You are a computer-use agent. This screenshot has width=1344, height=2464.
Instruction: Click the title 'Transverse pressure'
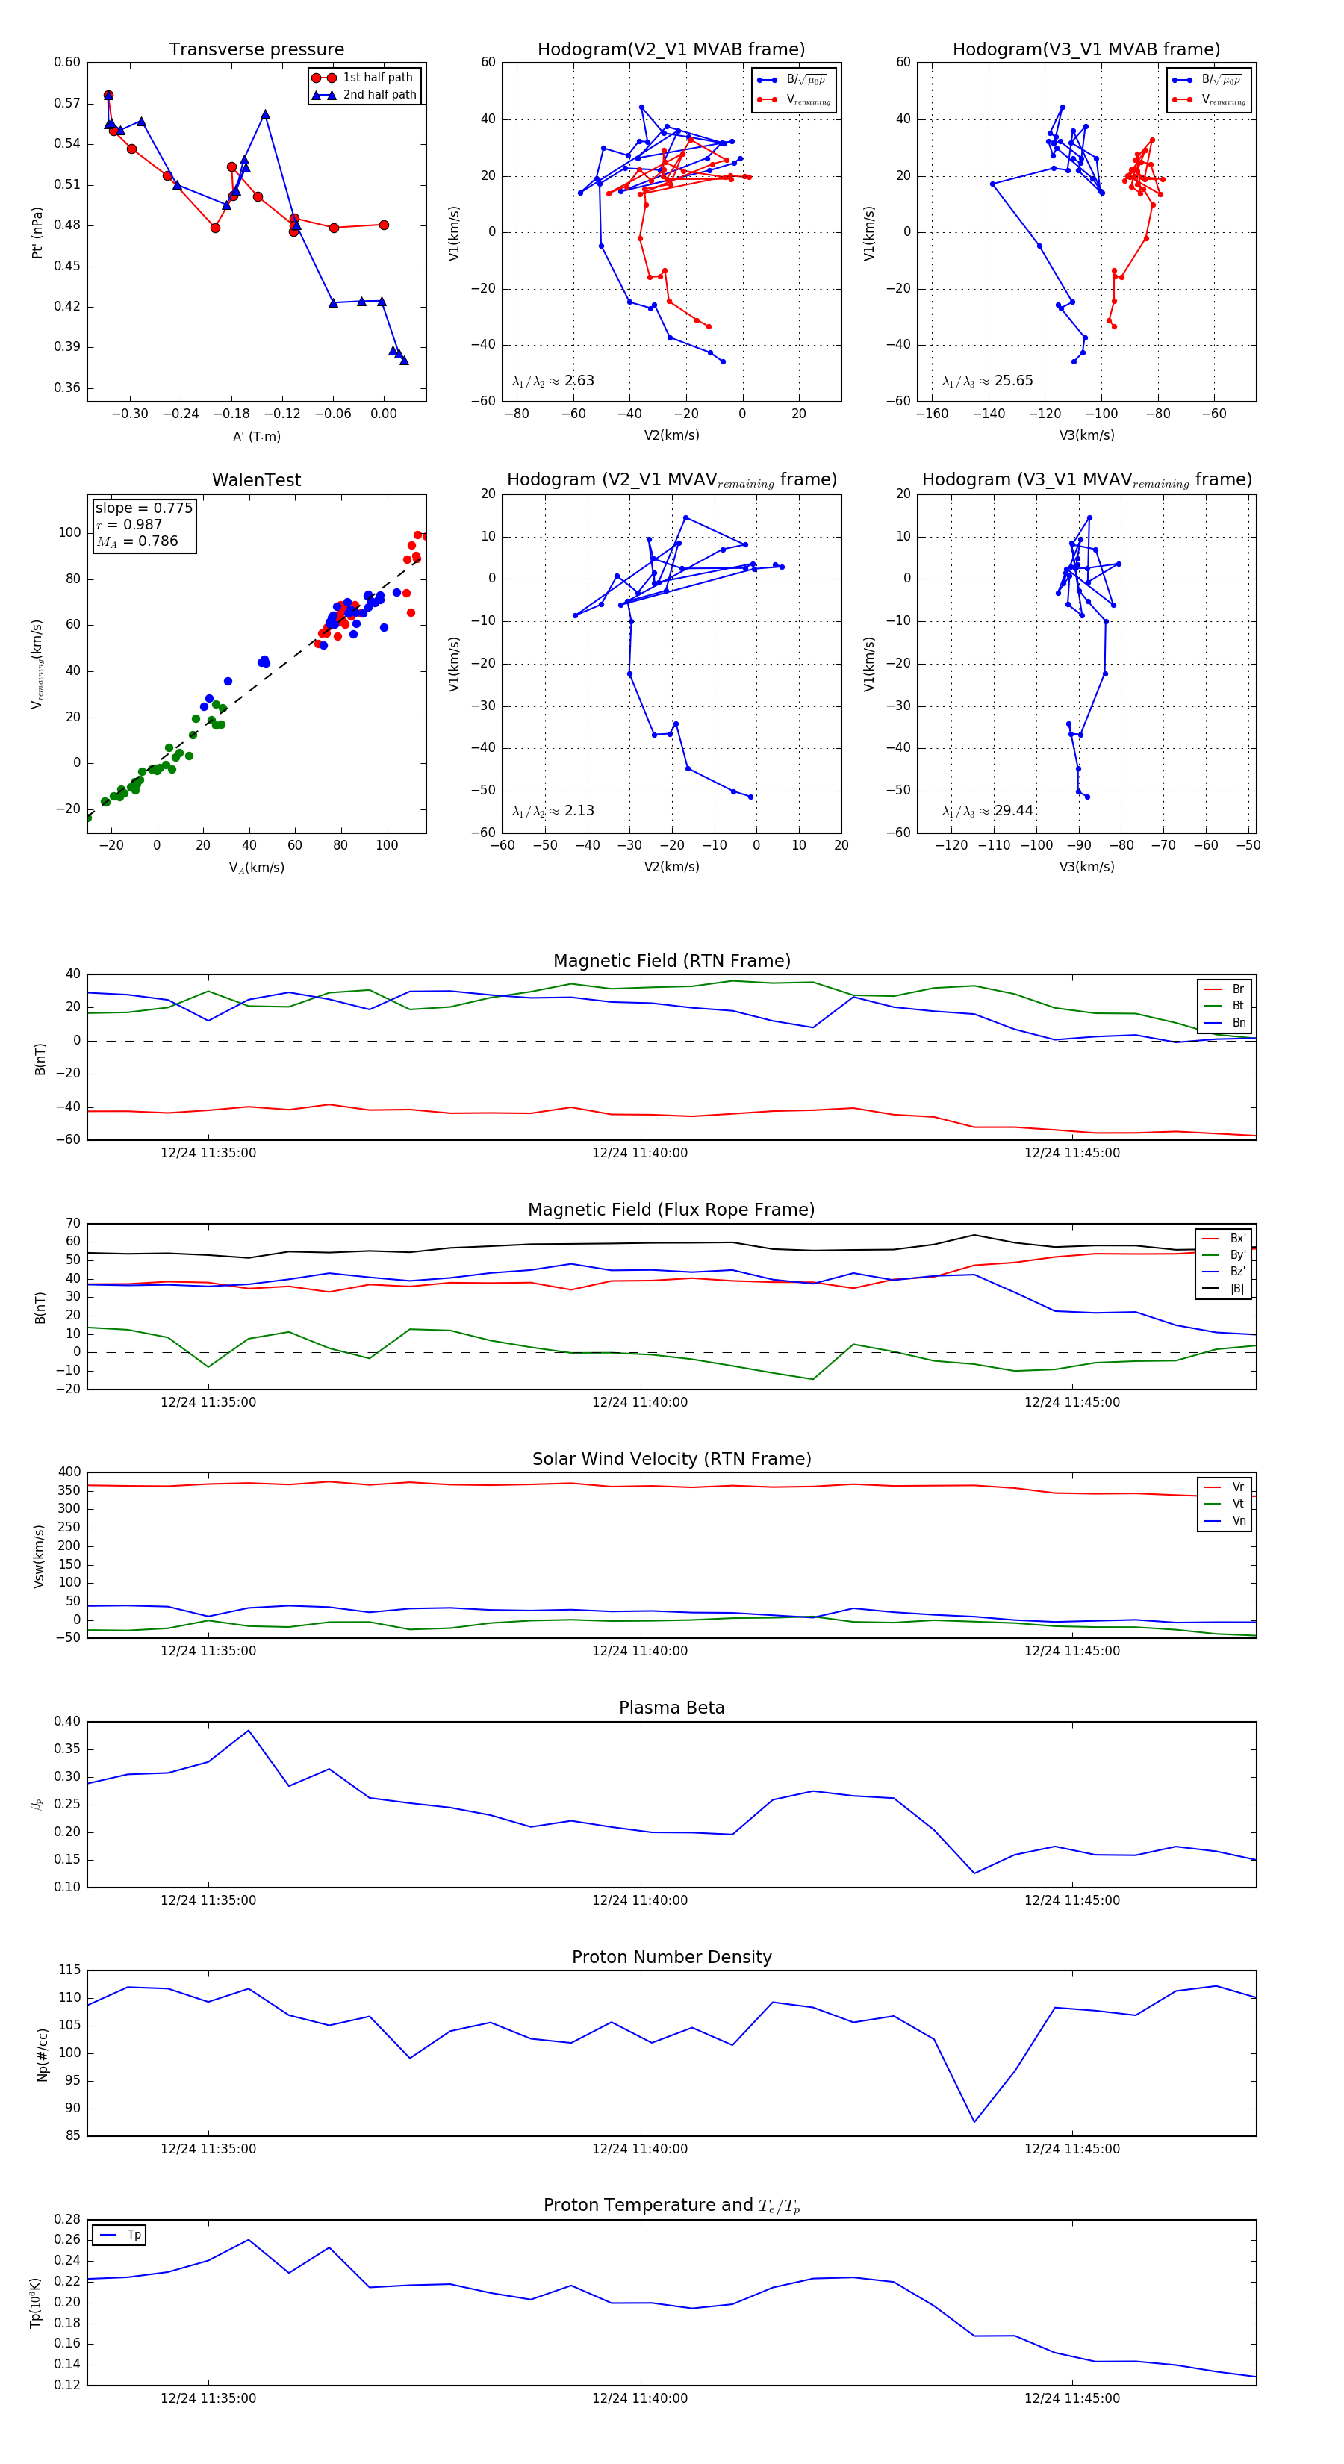[256, 50]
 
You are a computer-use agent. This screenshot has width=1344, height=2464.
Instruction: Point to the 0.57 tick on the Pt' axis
[67, 103]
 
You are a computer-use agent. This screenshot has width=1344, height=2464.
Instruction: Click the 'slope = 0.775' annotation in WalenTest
[143, 508]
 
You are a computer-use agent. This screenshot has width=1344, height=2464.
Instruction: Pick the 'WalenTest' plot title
[256, 480]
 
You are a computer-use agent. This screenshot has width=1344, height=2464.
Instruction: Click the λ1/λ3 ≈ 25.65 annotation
[987, 381]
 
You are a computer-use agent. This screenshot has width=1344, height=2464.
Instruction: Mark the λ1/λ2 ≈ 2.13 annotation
[553, 811]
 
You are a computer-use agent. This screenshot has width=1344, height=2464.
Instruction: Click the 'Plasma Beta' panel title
[671, 1708]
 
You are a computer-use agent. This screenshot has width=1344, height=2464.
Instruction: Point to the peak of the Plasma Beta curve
[249, 1730]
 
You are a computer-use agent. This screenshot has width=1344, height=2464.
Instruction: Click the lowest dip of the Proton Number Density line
[974, 2121]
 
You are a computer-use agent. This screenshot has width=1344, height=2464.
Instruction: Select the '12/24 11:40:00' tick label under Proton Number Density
[639, 2148]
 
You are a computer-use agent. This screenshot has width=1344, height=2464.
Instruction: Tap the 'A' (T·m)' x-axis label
[256, 436]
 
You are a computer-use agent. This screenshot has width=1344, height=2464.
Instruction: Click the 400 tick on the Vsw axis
[69, 1472]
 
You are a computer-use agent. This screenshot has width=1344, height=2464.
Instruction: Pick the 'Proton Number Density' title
[671, 1956]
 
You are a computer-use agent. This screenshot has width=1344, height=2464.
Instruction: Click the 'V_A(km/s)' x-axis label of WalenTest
[256, 868]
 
